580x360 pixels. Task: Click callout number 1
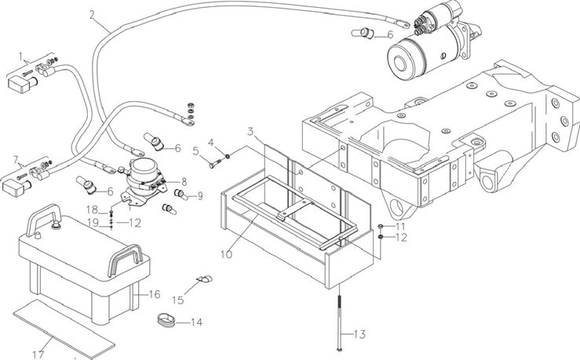tap(24, 56)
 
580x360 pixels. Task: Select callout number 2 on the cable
tap(93, 14)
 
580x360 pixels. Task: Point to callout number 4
tap(210, 142)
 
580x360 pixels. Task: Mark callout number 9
tap(199, 195)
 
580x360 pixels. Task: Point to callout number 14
tap(195, 322)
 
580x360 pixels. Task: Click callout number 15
tap(178, 299)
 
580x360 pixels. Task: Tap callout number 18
tap(92, 209)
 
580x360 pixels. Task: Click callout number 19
tap(92, 222)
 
